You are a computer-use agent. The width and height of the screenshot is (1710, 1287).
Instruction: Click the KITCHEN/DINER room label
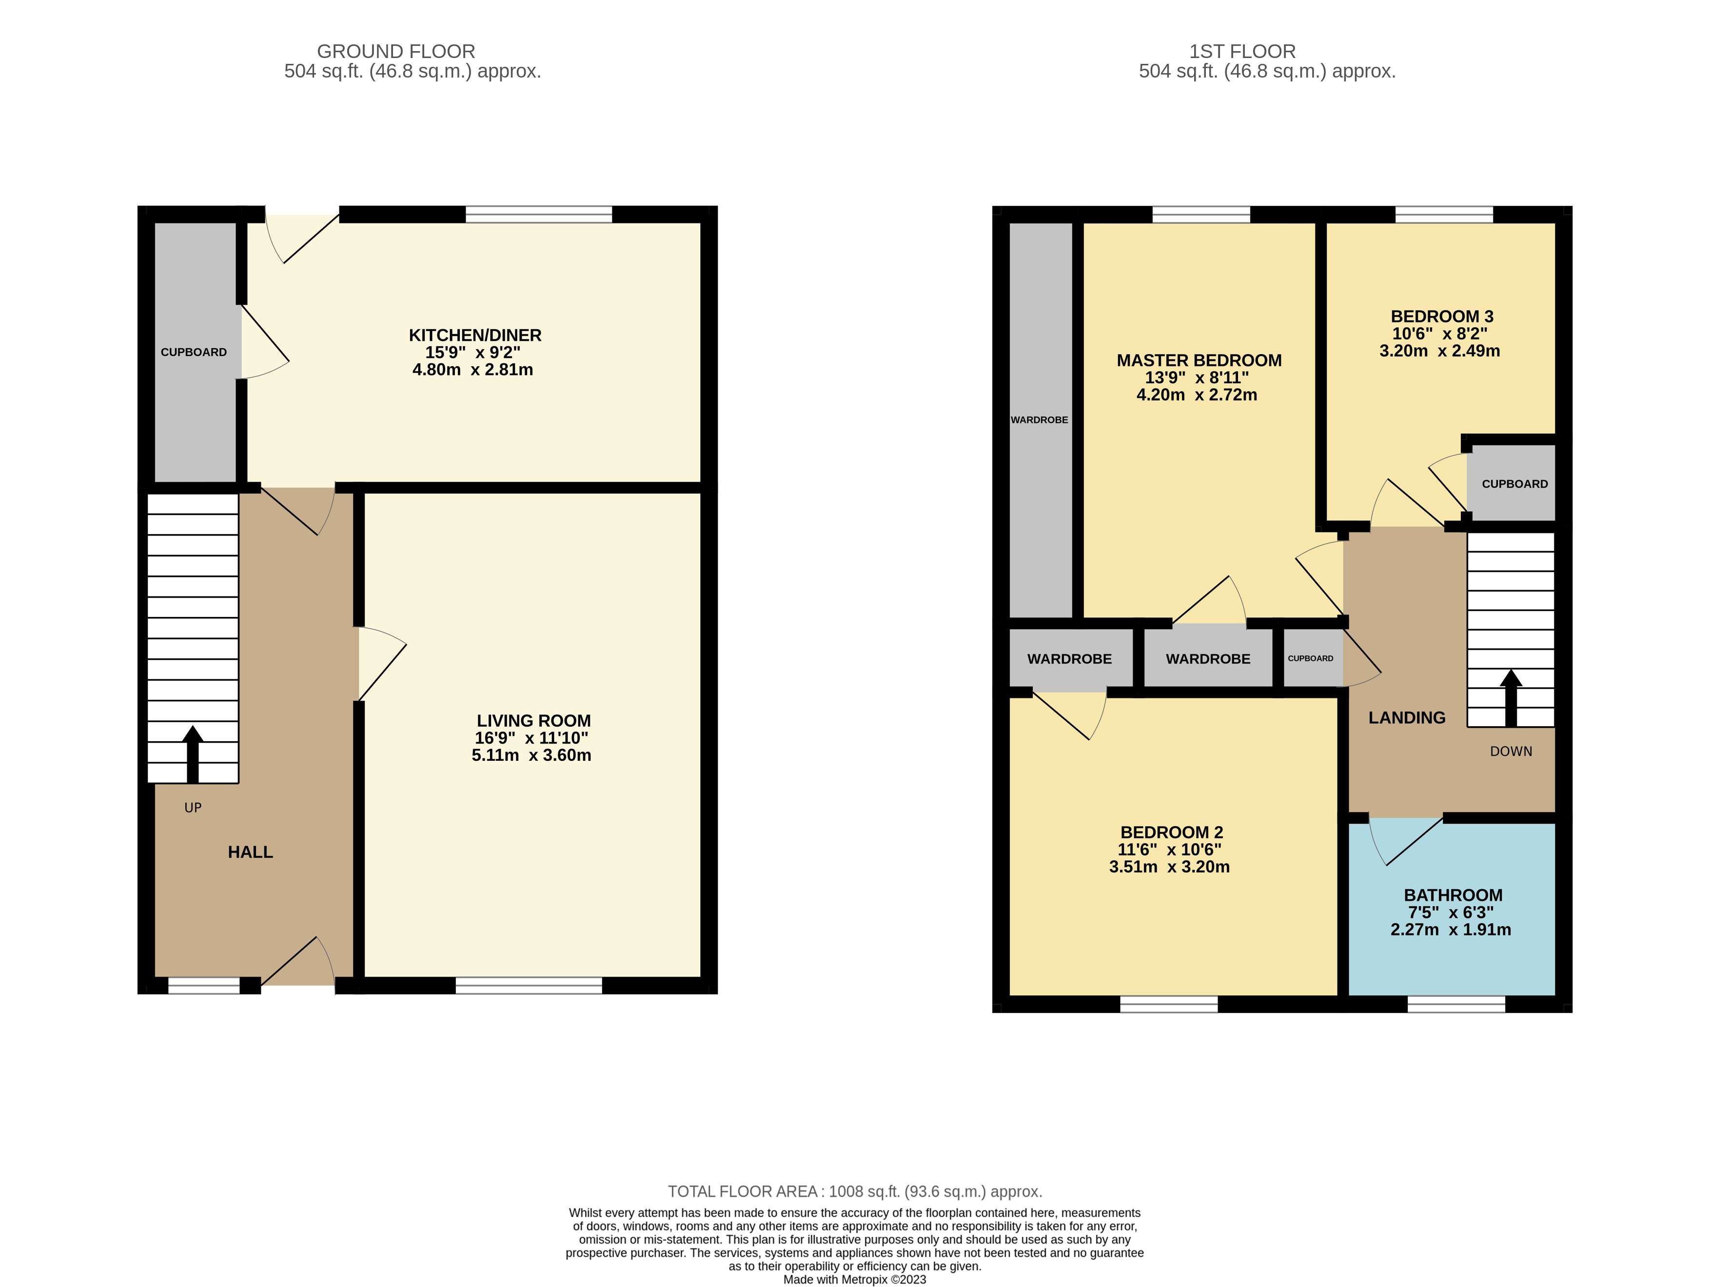click(474, 336)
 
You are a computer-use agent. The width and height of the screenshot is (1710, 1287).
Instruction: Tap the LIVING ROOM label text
click(533, 720)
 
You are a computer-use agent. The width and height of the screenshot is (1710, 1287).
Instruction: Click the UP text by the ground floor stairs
click(193, 808)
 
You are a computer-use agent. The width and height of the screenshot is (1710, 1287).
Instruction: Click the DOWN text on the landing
click(1511, 752)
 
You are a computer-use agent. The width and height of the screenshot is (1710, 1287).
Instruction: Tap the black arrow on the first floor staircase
click(1511, 695)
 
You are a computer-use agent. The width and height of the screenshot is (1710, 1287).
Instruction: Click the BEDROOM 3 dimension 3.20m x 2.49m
click(1439, 351)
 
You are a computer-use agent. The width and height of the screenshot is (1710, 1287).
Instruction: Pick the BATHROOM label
click(1453, 895)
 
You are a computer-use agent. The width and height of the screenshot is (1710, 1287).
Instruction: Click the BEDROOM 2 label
click(1171, 832)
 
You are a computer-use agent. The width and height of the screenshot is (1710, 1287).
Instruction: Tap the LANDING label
click(1406, 718)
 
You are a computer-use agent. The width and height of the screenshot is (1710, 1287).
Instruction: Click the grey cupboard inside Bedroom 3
click(1513, 484)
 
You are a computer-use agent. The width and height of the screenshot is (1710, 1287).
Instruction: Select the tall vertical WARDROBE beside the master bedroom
click(1040, 420)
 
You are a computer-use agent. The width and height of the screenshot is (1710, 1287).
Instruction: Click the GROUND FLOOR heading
click(396, 52)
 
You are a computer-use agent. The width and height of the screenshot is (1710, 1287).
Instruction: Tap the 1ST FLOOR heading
click(1241, 52)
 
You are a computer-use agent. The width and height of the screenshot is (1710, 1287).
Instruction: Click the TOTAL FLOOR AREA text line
click(854, 1191)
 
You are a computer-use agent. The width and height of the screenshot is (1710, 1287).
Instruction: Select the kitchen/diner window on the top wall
click(539, 214)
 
